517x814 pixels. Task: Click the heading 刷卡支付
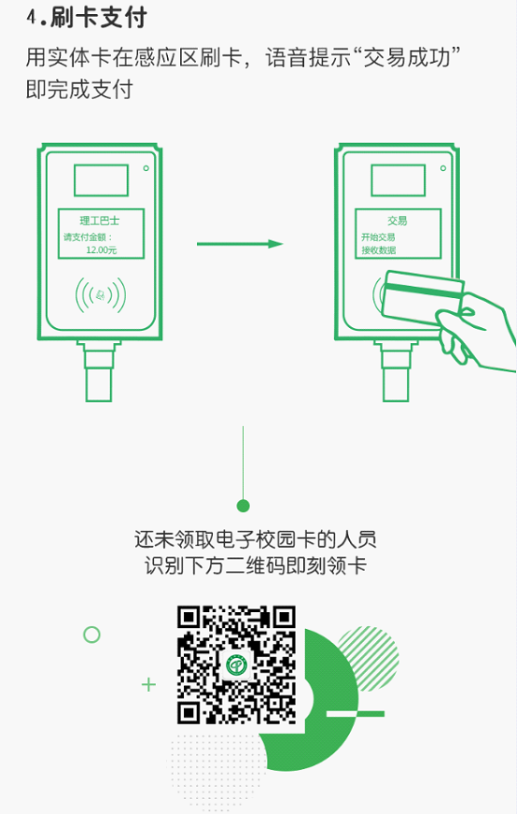click(99, 18)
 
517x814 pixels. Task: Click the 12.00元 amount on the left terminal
click(101, 250)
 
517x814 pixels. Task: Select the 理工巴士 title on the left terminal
click(100, 221)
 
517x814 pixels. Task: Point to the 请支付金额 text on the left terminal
click(85, 237)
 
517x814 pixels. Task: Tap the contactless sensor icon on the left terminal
click(101, 296)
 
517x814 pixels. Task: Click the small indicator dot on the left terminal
click(146, 168)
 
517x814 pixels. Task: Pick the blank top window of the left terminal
click(101, 180)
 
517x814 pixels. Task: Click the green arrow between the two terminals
click(240, 244)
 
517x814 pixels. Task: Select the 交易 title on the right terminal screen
click(398, 221)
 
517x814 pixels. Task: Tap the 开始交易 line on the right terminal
click(378, 237)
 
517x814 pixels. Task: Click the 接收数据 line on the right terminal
click(379, 250)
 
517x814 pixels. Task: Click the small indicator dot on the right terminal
click(443, 168)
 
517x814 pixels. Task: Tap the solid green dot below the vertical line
click(243, 506)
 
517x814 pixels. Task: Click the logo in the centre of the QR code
click(236, 664)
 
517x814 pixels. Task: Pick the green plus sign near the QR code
click(148, 685)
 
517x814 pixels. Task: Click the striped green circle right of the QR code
click(369, 658)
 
